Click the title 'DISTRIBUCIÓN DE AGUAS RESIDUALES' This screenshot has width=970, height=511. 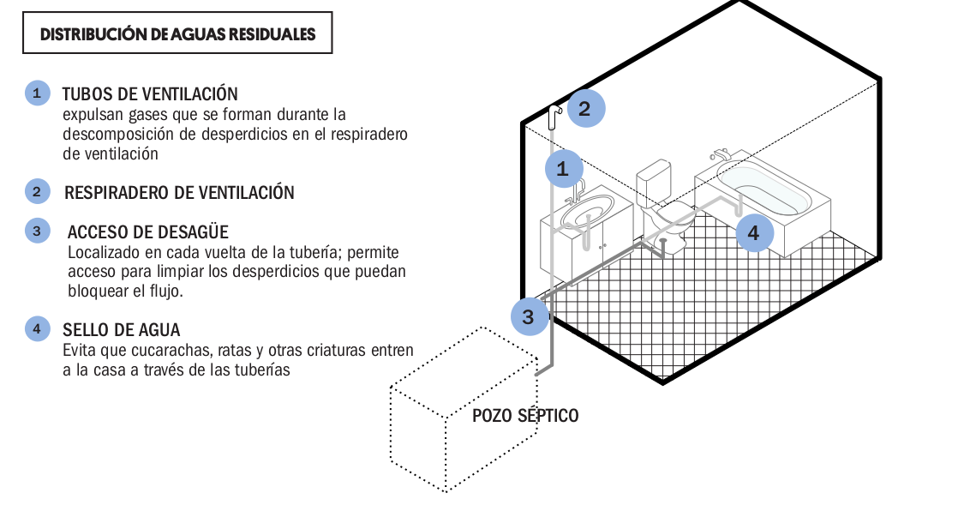177,34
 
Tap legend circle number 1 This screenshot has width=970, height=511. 37,93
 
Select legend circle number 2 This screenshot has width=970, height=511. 37,192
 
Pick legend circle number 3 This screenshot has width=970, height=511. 37,231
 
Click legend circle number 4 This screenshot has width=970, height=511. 37,328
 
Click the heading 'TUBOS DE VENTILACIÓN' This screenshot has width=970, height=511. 150,94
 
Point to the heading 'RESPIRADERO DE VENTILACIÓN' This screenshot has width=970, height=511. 179,192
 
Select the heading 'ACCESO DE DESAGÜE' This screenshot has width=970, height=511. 148,232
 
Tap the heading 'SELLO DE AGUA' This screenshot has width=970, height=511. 122,330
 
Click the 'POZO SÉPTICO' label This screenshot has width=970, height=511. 525,416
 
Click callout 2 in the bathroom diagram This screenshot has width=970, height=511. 585,109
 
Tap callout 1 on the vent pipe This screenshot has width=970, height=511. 564,168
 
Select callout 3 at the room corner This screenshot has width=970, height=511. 530,316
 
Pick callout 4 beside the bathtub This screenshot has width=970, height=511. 755,232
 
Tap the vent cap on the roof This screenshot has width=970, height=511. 554,116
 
